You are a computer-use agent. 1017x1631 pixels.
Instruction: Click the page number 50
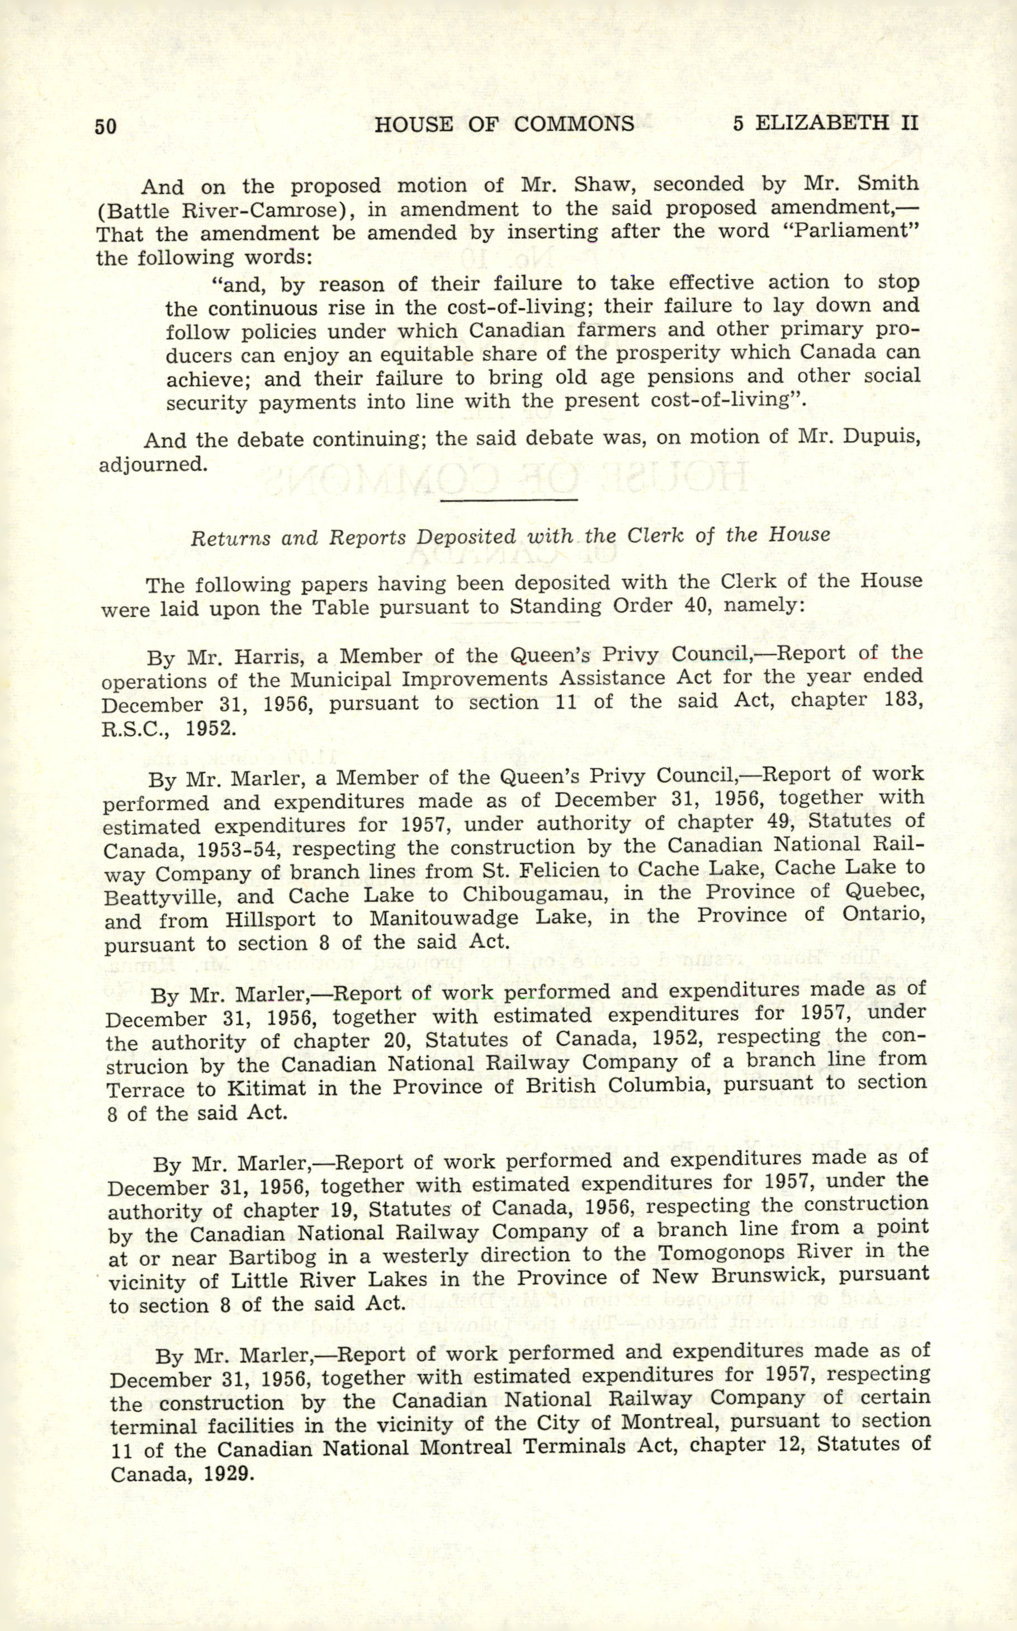106,126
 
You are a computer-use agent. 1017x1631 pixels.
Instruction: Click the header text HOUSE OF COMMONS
504,124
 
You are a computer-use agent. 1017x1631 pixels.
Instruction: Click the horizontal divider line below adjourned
509,500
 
